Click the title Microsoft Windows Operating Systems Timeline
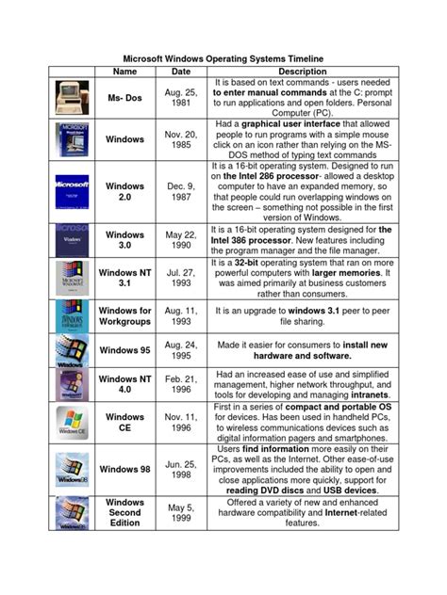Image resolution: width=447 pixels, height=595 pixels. tap(223, 57)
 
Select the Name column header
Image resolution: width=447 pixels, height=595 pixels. tap(124, 71)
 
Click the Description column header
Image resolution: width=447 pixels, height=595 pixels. tap(302, 71)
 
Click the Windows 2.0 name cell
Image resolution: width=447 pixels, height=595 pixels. tap(124, 192)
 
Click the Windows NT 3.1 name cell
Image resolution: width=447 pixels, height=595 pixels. tap(124, 280)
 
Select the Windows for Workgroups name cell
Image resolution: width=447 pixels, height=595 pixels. tap(124, 315)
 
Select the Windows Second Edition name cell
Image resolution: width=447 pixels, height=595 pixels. tap(124, 513)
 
